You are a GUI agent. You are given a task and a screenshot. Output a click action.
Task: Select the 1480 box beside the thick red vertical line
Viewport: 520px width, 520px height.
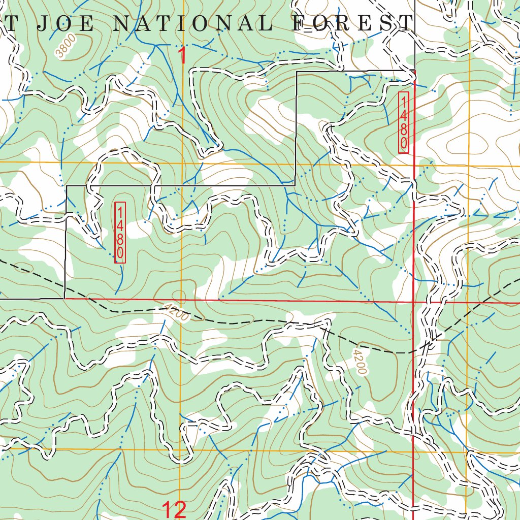tap(404, 122)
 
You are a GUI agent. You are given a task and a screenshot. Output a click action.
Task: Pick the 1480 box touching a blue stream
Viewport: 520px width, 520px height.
tap(120, 233)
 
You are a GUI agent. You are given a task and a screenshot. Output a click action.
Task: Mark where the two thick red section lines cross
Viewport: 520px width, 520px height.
tap(413, 302)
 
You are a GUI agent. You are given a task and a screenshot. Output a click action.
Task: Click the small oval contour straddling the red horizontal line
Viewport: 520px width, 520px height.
tap(179, 296)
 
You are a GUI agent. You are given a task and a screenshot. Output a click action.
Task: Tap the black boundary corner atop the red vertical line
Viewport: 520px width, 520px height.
tap(415, 71)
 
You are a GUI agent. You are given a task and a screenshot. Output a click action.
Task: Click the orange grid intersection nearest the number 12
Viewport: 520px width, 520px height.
tap(181, 450)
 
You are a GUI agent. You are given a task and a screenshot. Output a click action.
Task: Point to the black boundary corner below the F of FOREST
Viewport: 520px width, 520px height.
tap(296, 72)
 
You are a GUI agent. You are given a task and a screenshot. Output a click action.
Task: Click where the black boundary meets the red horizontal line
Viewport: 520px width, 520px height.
tap(64, 299)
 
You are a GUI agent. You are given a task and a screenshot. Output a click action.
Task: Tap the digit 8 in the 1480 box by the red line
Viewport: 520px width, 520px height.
tap(404, 133)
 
